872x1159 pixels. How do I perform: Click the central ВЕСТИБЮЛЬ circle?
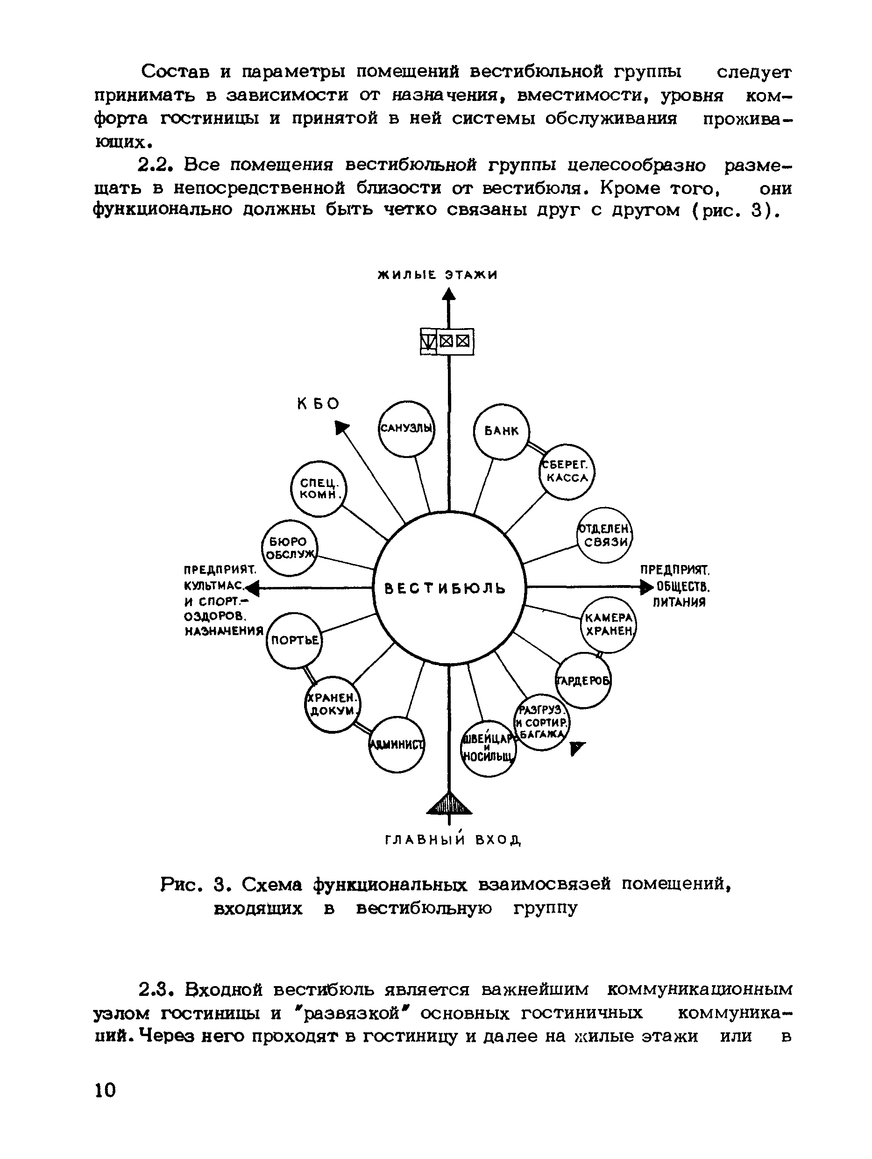(x=449, y=588)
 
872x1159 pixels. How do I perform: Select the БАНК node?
(x=501, y=431)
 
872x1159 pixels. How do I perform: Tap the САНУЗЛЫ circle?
(x=406, y=428)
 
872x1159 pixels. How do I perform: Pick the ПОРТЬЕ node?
(x=294, y=640)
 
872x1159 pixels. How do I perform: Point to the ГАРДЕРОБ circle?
(x=583, y=680)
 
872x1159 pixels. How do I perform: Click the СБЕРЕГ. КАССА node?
(x=567, y=472)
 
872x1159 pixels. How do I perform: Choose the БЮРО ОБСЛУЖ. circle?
(x=290, y=548)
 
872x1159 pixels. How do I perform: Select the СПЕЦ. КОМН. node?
(x=319, y=489)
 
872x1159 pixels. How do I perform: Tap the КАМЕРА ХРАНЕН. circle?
(x=609, y=624)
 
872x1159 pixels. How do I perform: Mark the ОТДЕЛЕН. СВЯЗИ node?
(x=605, y=535)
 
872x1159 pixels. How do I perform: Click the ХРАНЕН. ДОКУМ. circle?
(x=333, y=704)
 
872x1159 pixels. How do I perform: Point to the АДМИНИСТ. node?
(x=397, y=744)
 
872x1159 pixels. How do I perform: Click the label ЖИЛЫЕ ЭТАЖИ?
(x=437, y=274)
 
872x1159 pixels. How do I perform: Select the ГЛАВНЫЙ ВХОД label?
(x=453, y=840)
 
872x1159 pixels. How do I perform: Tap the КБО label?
(x=319, y=403)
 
